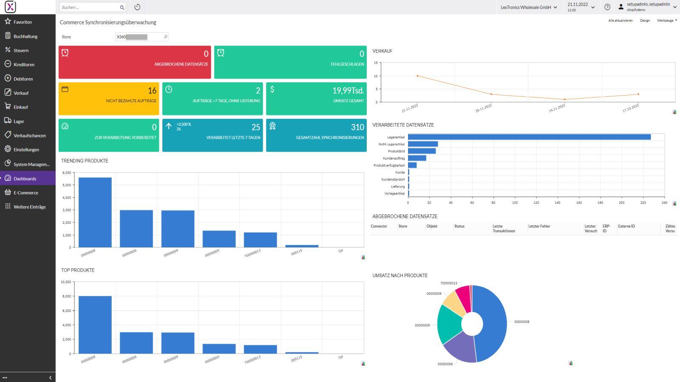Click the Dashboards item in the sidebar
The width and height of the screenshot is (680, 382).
pos(25,179)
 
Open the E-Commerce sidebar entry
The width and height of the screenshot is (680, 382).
pos(25,193)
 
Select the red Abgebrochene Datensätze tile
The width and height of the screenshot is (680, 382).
pos(135,62)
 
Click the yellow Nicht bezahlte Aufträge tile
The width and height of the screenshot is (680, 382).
pos(109,99)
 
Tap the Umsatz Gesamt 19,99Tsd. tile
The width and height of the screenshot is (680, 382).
pos(316,99)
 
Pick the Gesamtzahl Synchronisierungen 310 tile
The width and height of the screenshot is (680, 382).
pos(316,135)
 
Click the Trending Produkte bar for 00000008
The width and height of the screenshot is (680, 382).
pos(95,212)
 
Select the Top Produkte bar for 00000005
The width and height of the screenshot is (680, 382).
pos(219,348)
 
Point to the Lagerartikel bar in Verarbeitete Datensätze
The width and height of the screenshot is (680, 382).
pos(529,137)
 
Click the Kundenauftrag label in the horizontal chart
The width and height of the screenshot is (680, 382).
pos(394,158)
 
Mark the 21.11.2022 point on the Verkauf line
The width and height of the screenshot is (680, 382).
pos(417,76)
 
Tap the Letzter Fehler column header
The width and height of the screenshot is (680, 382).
pos(539,227)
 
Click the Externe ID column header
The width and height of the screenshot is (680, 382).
pos(626,227)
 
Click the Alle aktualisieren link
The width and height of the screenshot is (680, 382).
pos(620,20)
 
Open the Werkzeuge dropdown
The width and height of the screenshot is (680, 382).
pos(666,20)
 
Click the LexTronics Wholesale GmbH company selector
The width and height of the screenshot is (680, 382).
pos(528,7)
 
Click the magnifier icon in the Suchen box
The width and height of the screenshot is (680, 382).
pos(122,7)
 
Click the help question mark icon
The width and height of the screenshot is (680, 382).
pos(607,7)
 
